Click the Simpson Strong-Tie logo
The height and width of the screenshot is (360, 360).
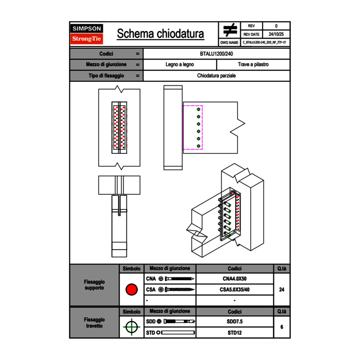coord(87,34)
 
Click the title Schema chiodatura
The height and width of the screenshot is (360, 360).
coord(160,34)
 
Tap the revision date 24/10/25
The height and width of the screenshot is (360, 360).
coord(276,34)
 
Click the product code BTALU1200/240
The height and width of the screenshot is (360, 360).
coord(217,54)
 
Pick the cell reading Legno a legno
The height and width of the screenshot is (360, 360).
coord(180,65)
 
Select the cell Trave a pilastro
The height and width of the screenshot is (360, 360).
coord(253,65)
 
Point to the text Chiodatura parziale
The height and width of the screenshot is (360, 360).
coord(217,76)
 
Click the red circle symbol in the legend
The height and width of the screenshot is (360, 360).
coord(131,290)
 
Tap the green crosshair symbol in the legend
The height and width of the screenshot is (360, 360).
coord(131,327)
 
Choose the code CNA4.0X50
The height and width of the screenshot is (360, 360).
coord(234,279)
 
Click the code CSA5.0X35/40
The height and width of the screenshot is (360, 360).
coord(234,290)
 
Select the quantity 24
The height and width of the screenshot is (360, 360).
coord(281,290)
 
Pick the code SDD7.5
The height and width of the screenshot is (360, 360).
coord(234,322)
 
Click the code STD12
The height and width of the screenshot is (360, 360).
coord(234,333)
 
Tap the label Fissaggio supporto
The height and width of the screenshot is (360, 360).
coord(94,285)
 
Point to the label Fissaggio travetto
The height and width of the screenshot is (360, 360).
coord(94,322)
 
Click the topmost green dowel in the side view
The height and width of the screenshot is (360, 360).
coord(199,110)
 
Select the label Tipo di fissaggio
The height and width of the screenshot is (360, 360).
coord(106,76)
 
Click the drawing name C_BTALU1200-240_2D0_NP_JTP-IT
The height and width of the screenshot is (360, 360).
coord(265,42)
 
